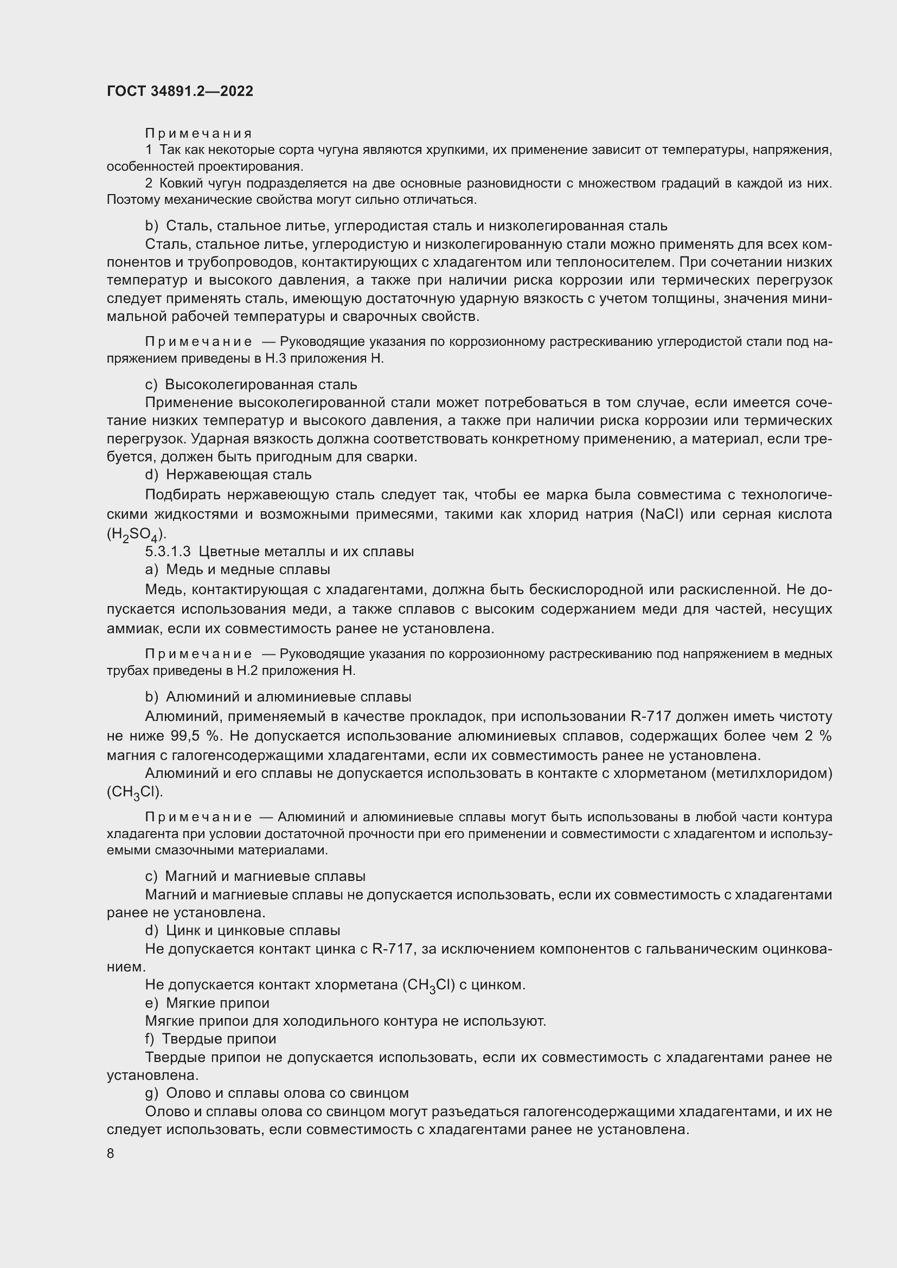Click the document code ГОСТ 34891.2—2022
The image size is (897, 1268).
[180, 91]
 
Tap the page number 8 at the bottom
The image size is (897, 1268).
[111, 1153]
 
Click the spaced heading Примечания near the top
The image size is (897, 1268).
[198, 133]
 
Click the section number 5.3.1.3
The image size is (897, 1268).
[168, 551]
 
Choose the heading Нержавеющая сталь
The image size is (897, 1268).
[239, 474]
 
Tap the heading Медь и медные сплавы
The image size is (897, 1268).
[248, 569]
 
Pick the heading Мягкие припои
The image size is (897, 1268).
[217, 1002]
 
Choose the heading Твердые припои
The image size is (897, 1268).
[219, 1039]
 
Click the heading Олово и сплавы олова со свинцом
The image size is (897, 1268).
[287, 1092]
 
